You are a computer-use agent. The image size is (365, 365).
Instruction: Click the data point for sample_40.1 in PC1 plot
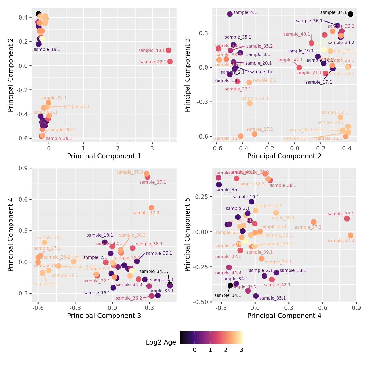[168, 50]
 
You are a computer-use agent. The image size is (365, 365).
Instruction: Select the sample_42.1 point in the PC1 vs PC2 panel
[170, 61]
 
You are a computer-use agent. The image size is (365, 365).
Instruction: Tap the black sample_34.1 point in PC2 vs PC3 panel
[350, 14]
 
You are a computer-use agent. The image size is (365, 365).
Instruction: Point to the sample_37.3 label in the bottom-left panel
[130, 172]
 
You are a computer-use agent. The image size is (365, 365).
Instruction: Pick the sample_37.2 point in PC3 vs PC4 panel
[151, 208]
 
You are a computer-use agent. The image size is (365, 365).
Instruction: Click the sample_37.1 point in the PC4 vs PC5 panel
[347, 219]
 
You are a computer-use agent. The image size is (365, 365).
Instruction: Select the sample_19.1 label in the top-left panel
[47, 49]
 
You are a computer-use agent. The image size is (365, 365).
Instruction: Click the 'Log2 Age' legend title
[161, 342]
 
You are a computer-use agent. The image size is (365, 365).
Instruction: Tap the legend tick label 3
[241, 350]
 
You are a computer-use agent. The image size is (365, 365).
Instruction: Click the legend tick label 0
[194, 350]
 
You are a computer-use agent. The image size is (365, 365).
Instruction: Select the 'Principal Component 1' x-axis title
[104, 156]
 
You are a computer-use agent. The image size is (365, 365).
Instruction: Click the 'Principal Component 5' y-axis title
[187, 234]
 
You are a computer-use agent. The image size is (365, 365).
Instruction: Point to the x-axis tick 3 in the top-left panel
[152, 148]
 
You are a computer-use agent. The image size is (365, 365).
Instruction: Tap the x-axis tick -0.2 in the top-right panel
[269, 148]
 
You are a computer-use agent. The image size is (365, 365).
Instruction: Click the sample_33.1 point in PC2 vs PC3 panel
[250, 103]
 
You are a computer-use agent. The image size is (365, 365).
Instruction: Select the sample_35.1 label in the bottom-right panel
[272, 298]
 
